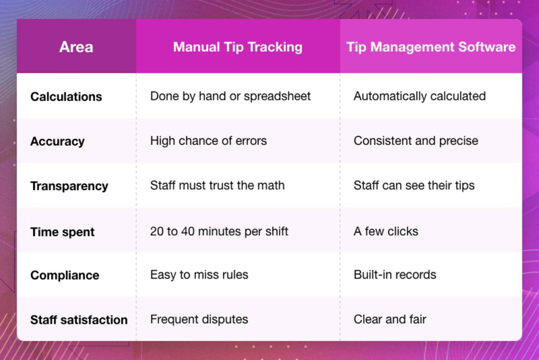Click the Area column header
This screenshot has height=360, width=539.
(76, 47)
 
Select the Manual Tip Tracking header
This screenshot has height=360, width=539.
(238, 47)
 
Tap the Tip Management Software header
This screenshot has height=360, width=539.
(431, 47)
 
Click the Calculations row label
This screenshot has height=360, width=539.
(66, 96)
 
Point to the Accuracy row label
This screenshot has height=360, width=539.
(57, 142)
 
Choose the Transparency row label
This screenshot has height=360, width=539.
(69, 185)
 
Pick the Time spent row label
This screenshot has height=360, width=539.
(63, 232)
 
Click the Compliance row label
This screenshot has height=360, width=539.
(65, 275)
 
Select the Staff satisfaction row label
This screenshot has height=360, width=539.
(79, 320)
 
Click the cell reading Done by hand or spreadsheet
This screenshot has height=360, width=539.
(230, 96)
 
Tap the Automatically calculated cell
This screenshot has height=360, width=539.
(420, 96)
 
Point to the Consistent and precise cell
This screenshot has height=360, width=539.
(416, 141)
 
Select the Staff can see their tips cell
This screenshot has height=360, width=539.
(414, 185)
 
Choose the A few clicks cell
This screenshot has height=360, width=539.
(386, 231)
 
